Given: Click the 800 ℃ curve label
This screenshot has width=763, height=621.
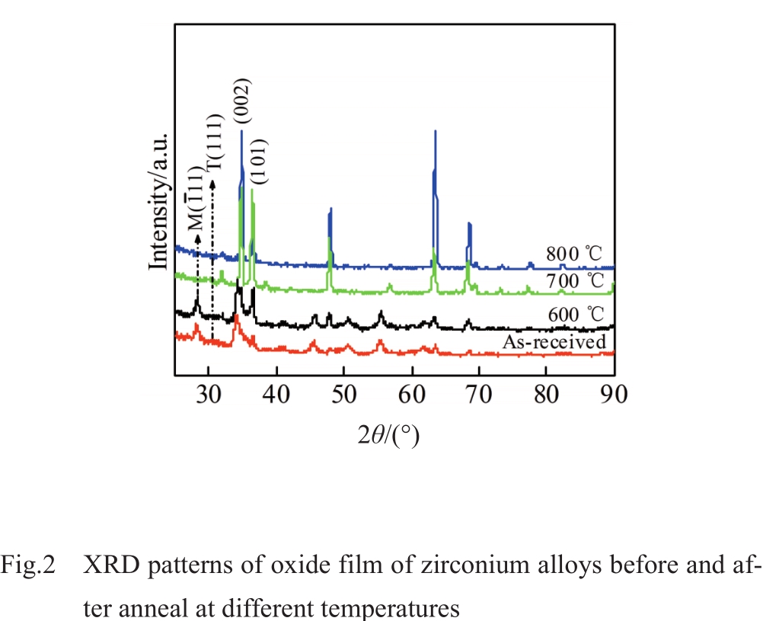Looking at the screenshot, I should pos(575,254).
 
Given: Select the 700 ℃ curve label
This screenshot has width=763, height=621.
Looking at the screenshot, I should pos(576,281).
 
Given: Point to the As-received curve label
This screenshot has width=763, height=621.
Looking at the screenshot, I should pos(554,342).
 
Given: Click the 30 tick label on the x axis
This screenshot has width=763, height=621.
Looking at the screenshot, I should pos(209,395).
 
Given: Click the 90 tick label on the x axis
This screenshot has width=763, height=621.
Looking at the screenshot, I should pos(614,395).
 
